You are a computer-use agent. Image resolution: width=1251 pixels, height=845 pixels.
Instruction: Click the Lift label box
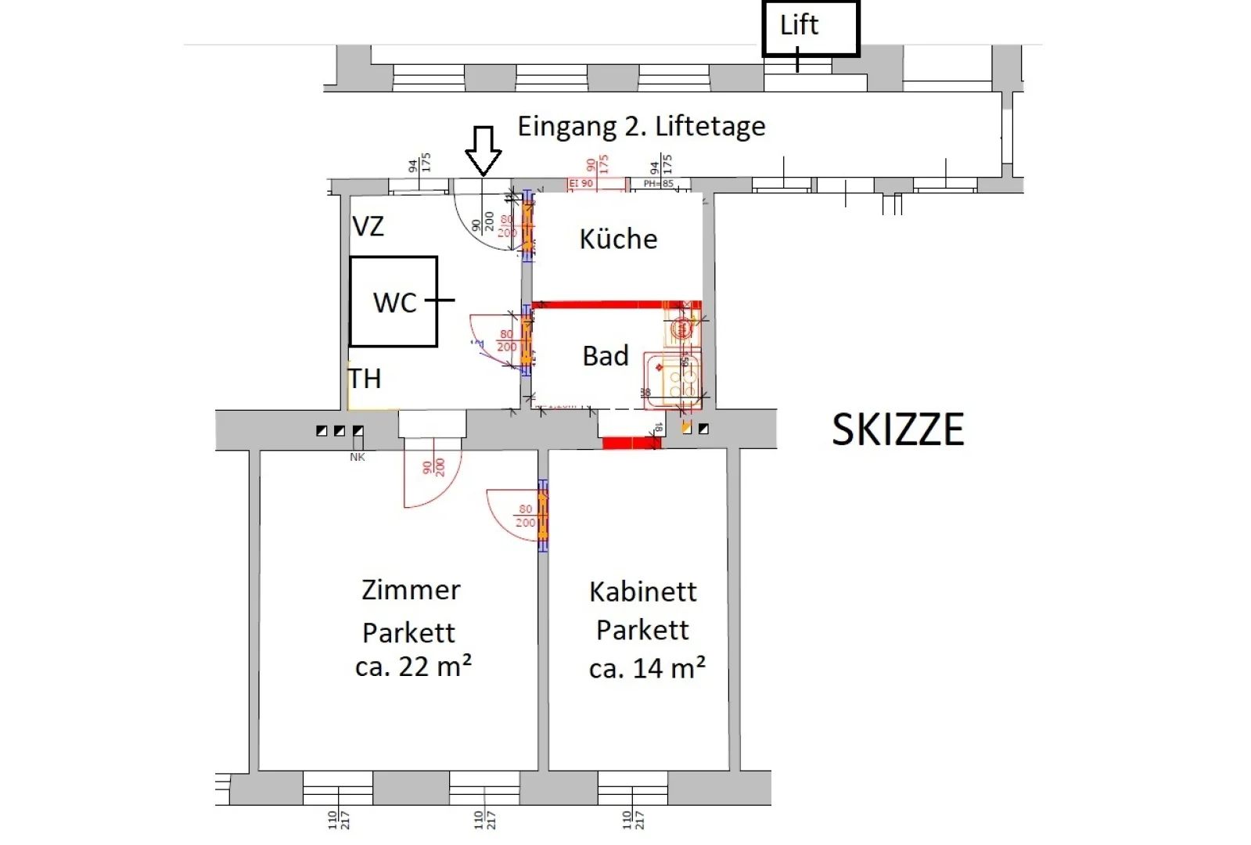[x=811, y=28]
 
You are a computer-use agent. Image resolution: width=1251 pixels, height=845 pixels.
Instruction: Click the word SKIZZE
[x=897, y=430]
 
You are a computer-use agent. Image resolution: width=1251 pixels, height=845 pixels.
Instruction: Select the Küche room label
[x=618, y=239]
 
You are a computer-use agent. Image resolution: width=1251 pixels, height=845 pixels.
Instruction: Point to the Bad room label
[x=606, y=356]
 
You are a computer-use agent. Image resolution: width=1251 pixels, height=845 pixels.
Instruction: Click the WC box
[x=393, y=301]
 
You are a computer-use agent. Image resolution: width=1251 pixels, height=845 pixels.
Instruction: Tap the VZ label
[x=368, y=227]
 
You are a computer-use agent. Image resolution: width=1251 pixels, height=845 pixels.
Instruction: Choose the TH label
[x=365, y=379]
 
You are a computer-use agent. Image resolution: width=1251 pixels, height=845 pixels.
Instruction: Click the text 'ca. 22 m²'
[x=413, y=667]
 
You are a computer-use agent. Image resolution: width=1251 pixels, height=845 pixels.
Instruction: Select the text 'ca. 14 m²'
[x=647, y=668]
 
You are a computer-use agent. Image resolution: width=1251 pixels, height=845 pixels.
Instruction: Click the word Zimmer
[x=411, y=590]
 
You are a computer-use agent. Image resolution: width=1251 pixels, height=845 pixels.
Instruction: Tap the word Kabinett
[x=642, y=591]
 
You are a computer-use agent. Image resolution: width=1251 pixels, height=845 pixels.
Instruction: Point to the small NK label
[x=358, y=457]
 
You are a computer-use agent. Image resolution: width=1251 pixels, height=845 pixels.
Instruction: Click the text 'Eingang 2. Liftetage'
[x=642, y=126]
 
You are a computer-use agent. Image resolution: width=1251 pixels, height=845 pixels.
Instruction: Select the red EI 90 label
[x=581, y=184]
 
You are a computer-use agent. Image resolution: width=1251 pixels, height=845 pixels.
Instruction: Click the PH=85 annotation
[x=658, y=184]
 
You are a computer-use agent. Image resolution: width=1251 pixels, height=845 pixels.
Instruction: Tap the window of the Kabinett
[x=632, y=788]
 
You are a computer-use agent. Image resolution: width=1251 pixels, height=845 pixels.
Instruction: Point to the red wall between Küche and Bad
[x=616, y=304]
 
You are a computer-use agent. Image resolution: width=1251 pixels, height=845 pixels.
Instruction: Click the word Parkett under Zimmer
[x=408, y=632]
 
